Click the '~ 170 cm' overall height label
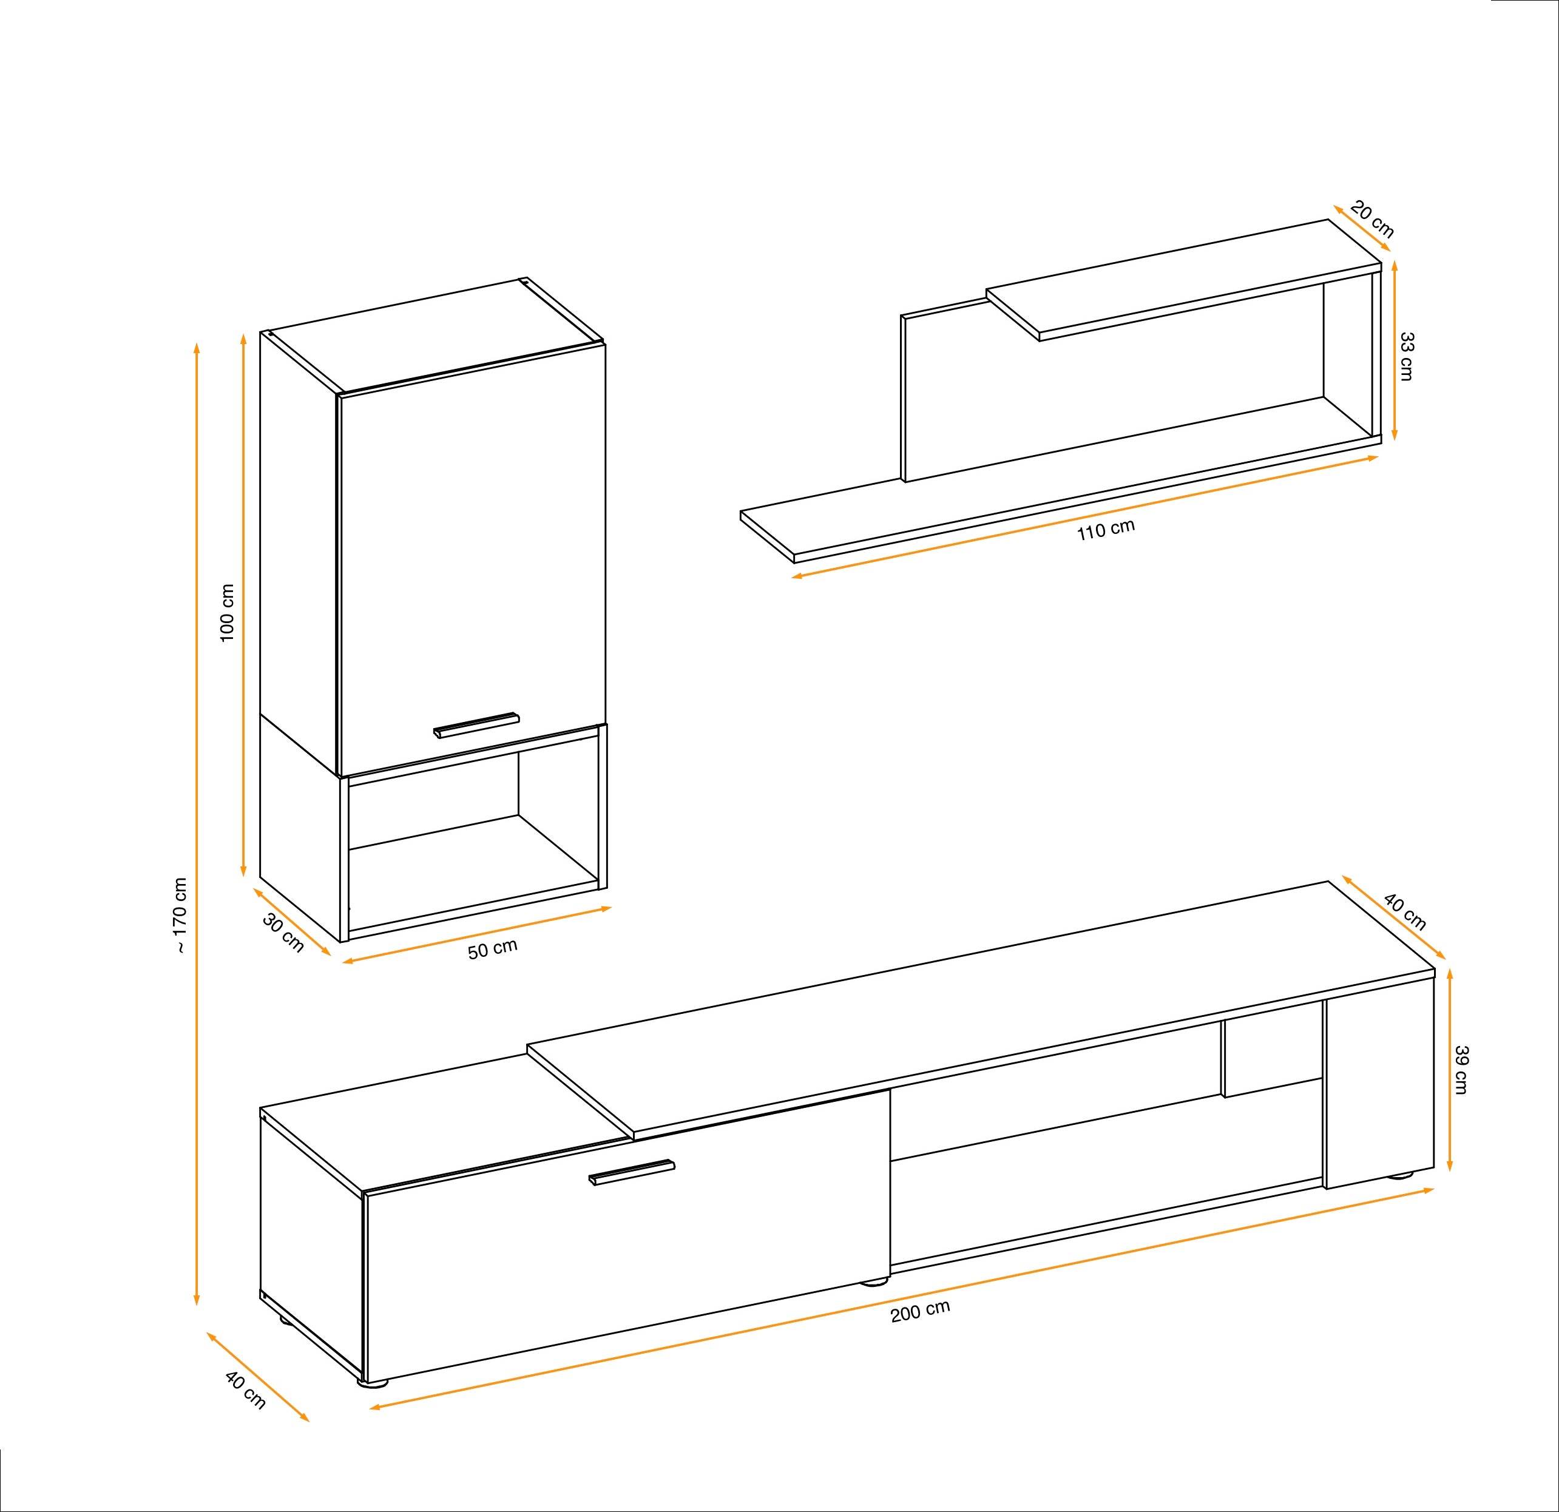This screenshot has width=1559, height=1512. click(x=181, y=915)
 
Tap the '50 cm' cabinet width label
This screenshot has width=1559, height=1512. click(x=492, y=949)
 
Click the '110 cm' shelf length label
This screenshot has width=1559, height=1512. click(x=1106, y=530)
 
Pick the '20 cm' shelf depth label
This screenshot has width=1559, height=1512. click(x=1372, y=221)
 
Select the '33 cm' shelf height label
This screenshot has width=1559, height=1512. click(x=1406, y=356)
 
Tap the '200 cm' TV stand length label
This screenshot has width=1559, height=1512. click(x=920, y=1311)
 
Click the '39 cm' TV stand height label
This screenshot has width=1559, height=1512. click(x=1460, y=1069)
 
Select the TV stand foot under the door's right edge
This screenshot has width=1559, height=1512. click(x=875, y=1282)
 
